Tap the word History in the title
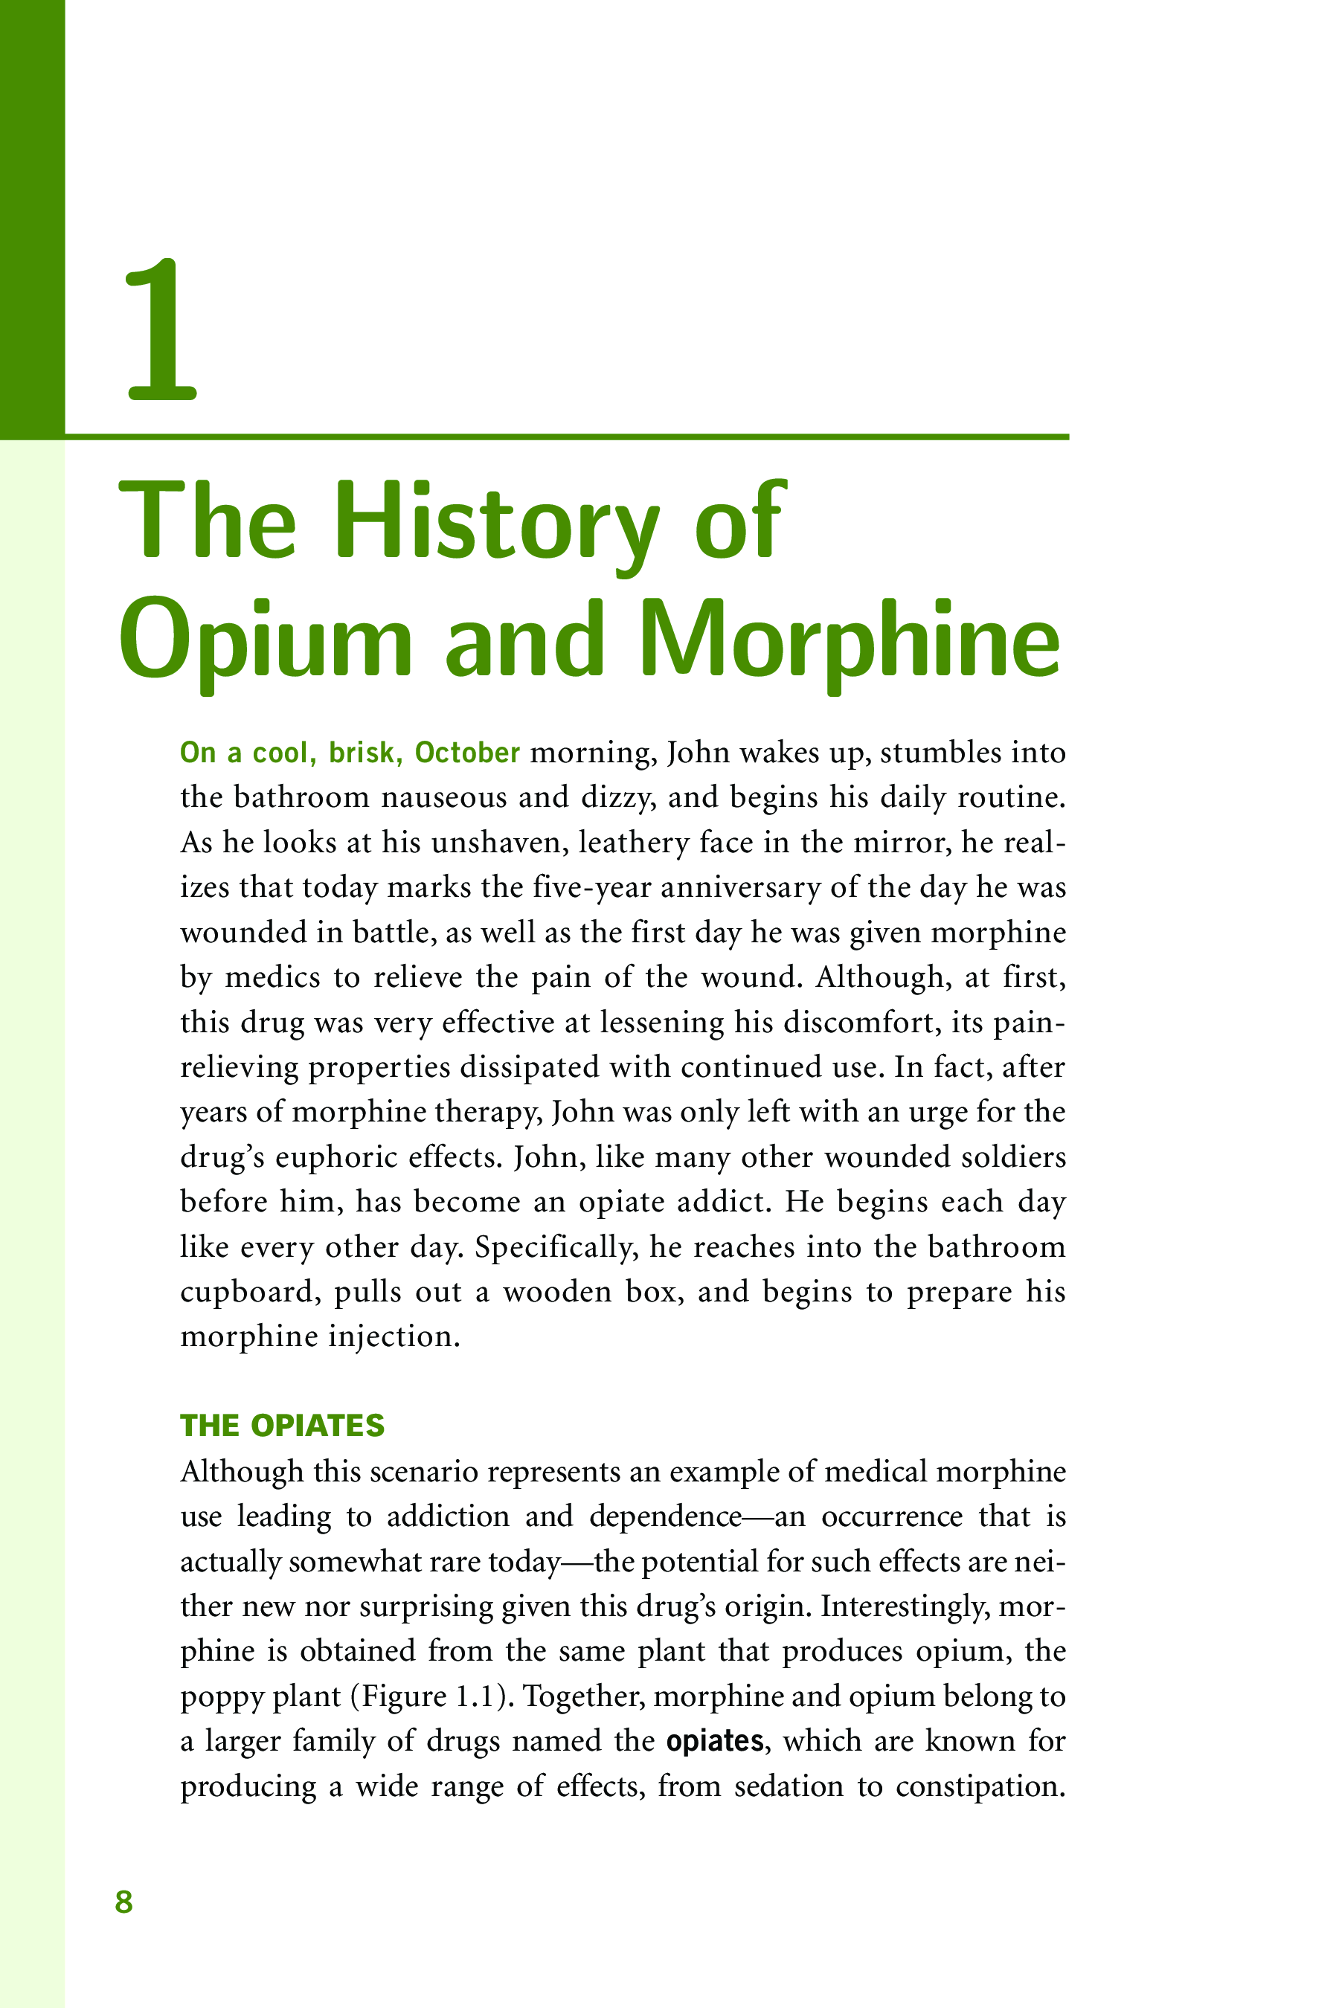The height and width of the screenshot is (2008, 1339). coord(496,524)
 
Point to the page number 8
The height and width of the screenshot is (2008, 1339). coord(123,1902)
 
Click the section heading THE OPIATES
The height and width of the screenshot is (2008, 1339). coord(283,1426)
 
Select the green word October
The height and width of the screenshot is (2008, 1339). coord(467,753)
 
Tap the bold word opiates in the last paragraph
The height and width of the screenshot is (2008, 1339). coord(715,1740)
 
